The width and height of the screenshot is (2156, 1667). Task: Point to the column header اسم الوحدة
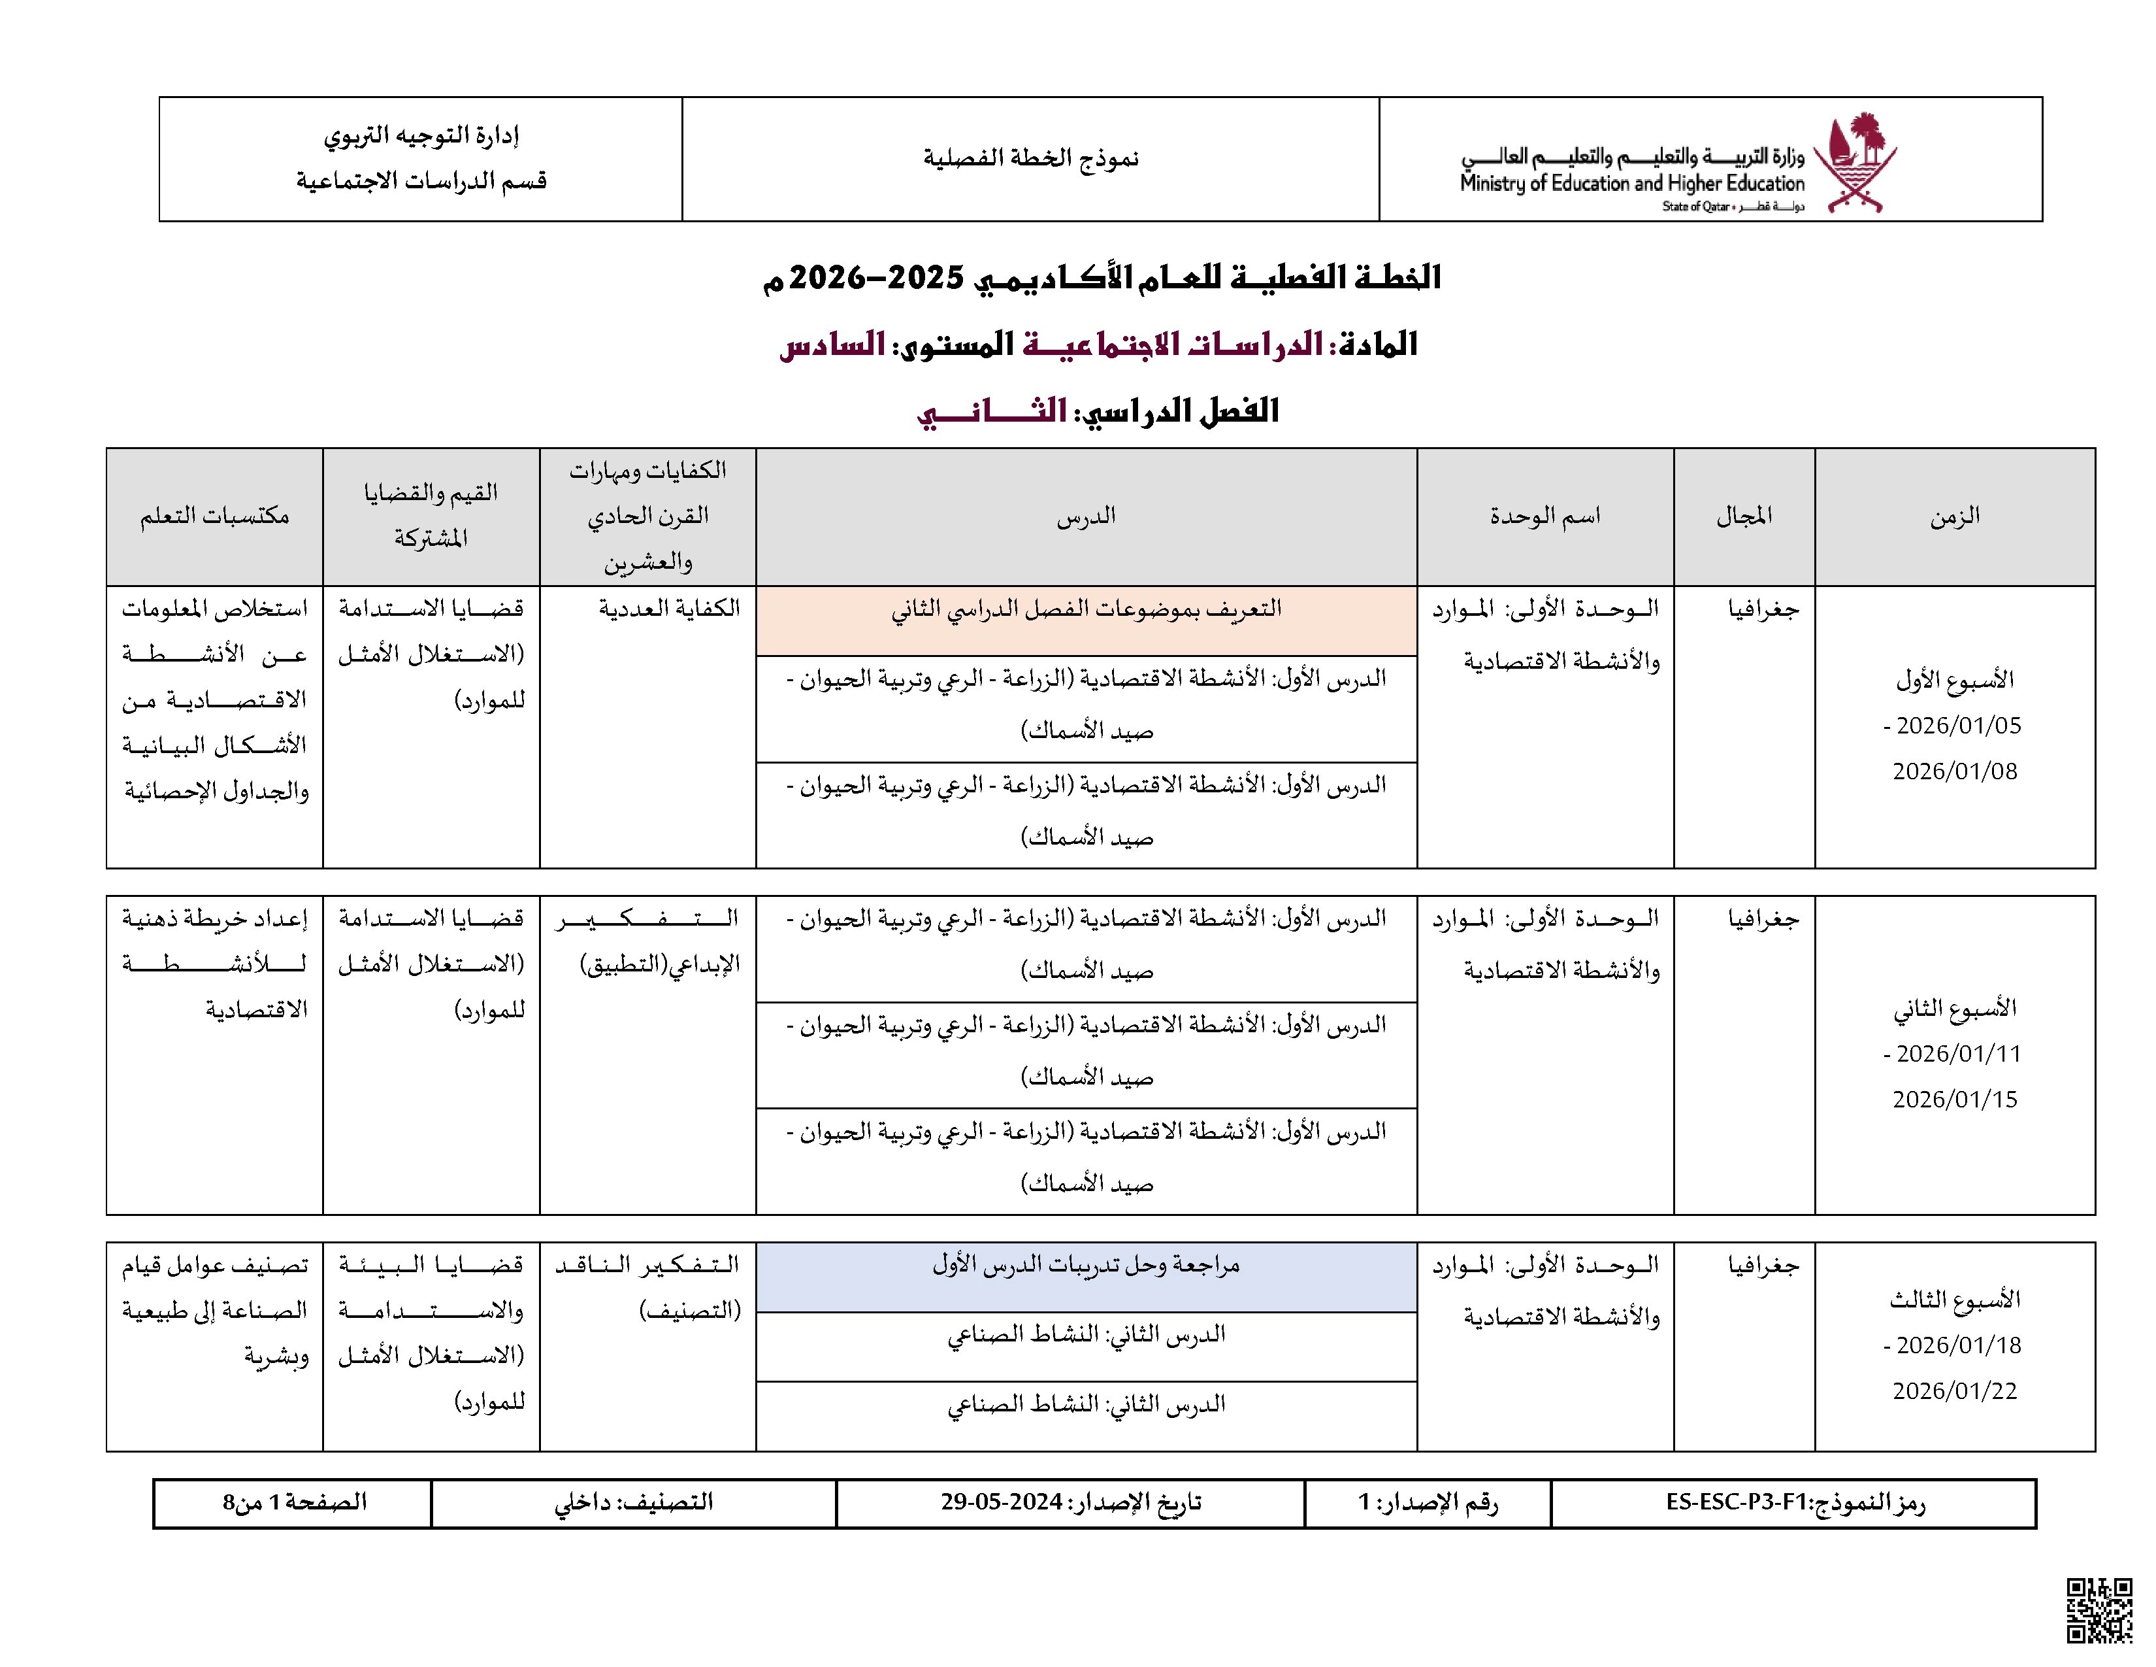[x=1545, y=516]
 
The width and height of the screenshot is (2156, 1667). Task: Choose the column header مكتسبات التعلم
[x=214, y=516]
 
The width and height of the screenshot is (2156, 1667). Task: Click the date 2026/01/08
[x=1955, y=771]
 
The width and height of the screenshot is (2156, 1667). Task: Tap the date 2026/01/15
[x=1955, y=1099]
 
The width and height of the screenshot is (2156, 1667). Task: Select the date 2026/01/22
[x=1955, y=1390]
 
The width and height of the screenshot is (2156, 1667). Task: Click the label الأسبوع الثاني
[x=1955, y=1008]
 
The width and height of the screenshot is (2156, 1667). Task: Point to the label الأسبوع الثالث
[x=1955, y=1300]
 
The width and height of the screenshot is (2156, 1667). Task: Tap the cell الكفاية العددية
[x=669, y=609]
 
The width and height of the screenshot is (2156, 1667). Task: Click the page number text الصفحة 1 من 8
[x=294, y=1502]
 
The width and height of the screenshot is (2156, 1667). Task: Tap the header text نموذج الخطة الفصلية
[x=1030, y=158]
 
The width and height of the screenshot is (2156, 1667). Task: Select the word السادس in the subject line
[x=832, y=344]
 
